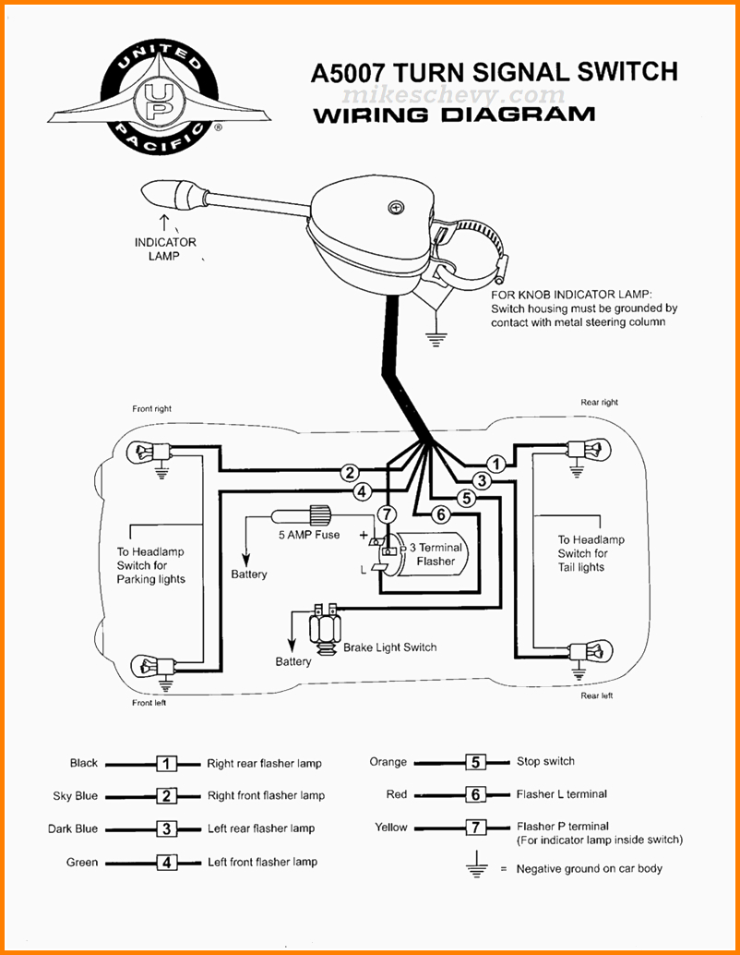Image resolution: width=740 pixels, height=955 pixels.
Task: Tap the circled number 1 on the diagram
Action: click(495, 464)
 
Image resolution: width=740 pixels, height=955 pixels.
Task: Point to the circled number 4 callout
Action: click(363, 491)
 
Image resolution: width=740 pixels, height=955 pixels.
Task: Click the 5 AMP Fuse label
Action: click(309, 535)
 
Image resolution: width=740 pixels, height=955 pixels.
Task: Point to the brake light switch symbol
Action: click(324, 630)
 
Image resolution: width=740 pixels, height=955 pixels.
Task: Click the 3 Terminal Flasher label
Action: click(436, 554)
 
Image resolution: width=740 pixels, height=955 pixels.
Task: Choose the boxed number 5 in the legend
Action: click(475, 762)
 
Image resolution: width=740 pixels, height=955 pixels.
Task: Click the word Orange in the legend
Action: click(388, 762)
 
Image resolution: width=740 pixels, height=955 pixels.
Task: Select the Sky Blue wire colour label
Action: click(76, 796)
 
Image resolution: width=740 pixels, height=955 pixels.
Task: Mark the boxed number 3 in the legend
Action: click(166, 829)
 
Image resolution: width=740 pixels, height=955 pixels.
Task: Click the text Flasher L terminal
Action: click(561, 794)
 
